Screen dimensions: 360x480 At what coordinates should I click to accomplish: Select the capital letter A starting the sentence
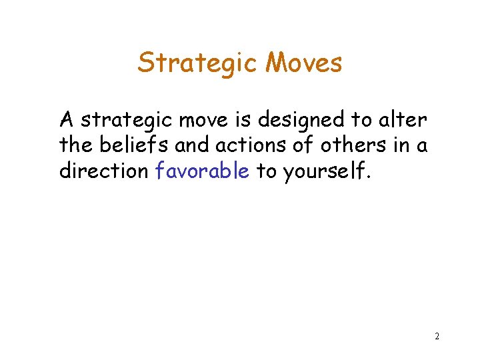coord(67,121)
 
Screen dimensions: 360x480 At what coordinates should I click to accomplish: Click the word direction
coord(103,171)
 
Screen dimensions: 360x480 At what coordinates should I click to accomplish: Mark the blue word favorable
coord(202,171)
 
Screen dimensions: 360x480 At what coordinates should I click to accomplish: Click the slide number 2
coord(437,336)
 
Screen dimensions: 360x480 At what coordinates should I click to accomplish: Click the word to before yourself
coord(266,171)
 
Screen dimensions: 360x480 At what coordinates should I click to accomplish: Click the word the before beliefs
coord(76,146)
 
